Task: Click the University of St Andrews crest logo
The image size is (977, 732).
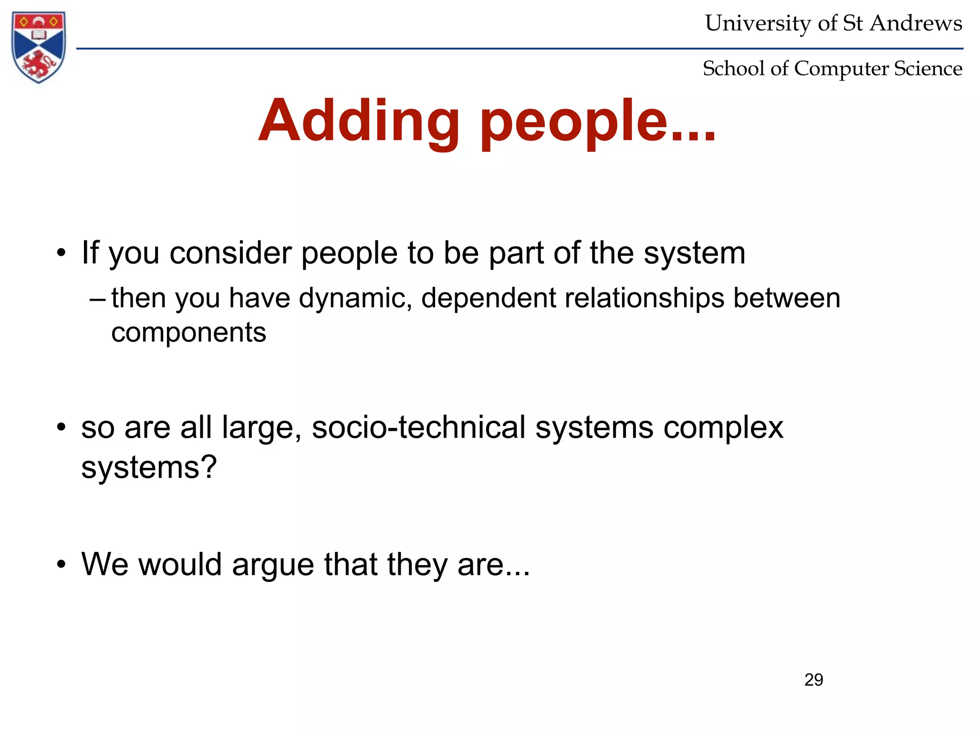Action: click(x=39, y=47)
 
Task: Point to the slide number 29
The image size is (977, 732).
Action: click(x=813, y=680)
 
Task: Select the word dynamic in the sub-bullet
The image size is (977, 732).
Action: click(x=355, y=298)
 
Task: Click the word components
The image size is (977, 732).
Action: click(x=188, y=332)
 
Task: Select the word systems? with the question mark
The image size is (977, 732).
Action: click(x=149, y=468)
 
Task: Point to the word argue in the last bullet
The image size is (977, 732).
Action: click(x=273, y=565)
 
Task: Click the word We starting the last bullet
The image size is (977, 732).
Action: click(x=105, y=564)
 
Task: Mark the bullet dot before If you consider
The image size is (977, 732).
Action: click(x=61, y=253)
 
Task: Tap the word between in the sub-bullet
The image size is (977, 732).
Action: click(x=787, y=298)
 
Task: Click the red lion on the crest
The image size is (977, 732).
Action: click(x=38, y=64)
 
